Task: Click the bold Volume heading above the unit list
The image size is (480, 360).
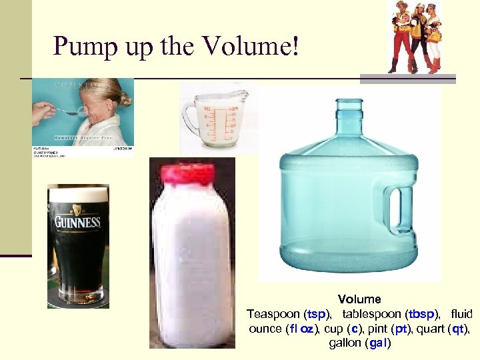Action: click(x=359, y=299)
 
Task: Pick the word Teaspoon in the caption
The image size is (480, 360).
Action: click(x=273, y=314)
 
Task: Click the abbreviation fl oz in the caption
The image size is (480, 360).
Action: click(x=303, y=329)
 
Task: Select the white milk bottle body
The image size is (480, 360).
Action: click(x=190, y=267)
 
